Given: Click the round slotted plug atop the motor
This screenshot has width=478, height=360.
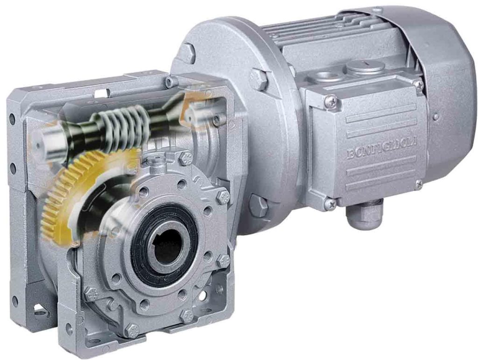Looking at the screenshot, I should point(364,67).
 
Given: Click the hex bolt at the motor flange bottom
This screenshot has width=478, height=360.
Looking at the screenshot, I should point(258,205).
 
